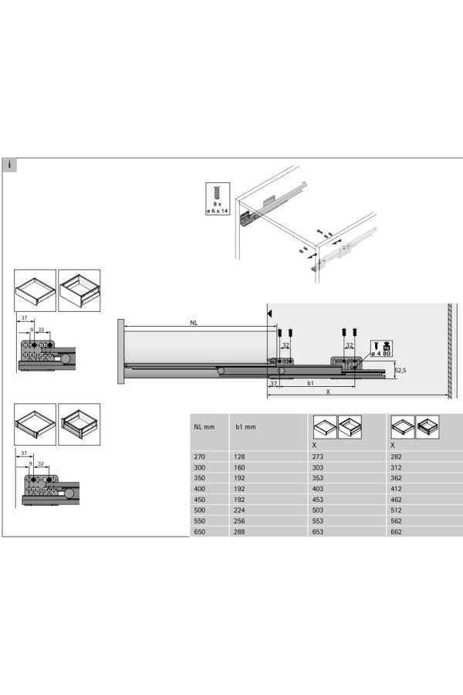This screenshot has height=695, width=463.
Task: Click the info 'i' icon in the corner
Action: coord(9,165)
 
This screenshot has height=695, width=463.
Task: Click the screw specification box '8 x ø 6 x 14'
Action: coord(218,198)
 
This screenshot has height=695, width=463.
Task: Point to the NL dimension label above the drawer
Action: coord(194,323)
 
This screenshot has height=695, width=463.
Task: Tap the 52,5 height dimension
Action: coord(400,370)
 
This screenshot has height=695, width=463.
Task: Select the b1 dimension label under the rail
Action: coord(310,383)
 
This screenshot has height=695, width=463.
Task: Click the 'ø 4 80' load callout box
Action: coord(381,348)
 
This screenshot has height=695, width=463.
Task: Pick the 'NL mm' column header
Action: coord(204,427)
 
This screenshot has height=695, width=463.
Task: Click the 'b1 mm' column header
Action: coord(245,427)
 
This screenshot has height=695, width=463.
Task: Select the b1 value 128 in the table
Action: coord(239,456)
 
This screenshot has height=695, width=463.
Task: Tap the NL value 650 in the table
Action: coord(199,532)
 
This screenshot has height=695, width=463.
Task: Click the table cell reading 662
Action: coord(396,532)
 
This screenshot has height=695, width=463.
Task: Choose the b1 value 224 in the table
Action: coord(239,510)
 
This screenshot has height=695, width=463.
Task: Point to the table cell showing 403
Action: coord(318,489)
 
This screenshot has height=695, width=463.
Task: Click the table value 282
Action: coord(396,456)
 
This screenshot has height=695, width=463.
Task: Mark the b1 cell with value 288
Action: coord(239,532)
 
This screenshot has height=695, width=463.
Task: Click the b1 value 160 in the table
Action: coord(239,468)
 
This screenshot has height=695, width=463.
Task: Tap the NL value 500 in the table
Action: coord(199,510)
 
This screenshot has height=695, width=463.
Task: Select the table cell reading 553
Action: coord(318,521)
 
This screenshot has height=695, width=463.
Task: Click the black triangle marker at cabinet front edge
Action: coord(269,314)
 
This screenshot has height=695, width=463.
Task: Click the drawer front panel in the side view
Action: coord(121,351)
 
